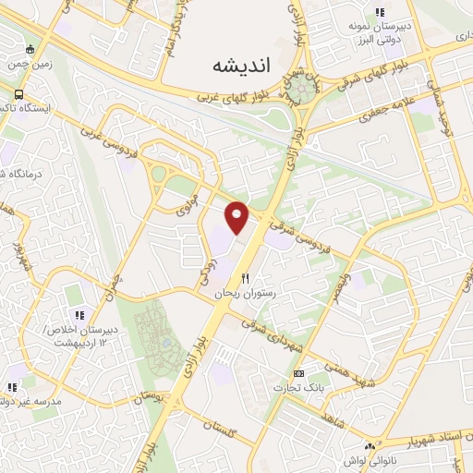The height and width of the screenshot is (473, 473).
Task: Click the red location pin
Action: [237, 217]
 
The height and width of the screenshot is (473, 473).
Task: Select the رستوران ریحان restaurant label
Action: [241, 292]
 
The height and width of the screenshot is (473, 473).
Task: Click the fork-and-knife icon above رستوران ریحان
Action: [245, 277]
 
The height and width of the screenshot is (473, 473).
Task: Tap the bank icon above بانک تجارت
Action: [297, 373]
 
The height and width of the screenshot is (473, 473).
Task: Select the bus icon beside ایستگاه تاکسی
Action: [19, 94]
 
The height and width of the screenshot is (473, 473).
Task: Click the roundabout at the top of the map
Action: [300, 91]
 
